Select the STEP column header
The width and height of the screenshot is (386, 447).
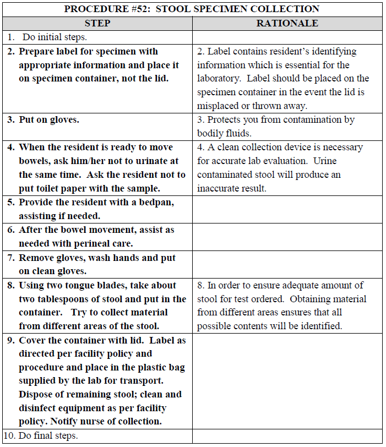(97, 23)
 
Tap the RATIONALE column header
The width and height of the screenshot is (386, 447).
(287, 23)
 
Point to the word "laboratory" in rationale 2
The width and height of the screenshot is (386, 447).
(219, 79)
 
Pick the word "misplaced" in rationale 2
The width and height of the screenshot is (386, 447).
(217, 106)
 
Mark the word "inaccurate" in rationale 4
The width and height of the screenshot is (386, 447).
(222, 188)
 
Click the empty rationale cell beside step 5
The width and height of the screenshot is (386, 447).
(287, 209)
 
